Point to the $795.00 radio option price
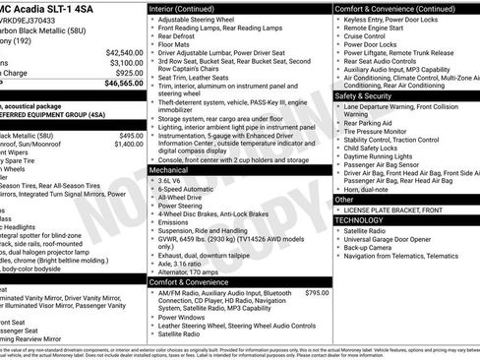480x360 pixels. coord(317,293)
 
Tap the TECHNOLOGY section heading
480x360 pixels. coord(361,220)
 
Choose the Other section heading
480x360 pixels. coord(344,200)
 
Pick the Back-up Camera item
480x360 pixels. coord(373,248)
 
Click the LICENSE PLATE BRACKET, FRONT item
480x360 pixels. coord(401,210)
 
